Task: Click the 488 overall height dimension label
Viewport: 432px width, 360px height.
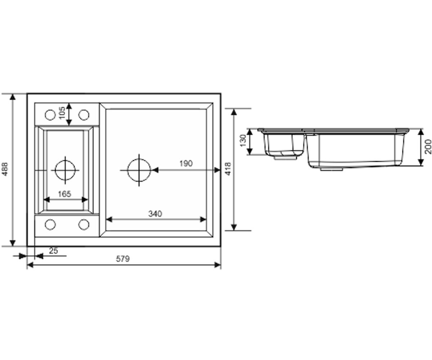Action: click(x=5, y=169)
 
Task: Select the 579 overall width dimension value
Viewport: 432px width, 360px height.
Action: click(x=123, y=258)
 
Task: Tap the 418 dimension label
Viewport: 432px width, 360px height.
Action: click(x=228, y=169)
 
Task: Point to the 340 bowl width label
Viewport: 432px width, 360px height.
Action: click(x=155, y=214)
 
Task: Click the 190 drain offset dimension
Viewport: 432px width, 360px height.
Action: click(x=186, y=163)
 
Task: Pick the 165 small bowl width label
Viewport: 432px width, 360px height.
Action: click(x=64, y=194)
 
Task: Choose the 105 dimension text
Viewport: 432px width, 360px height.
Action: click(x=62, y=113)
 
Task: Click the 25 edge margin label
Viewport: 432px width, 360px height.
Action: click(x=54, y=251)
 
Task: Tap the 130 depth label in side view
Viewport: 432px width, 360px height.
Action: click(x=243, y=141)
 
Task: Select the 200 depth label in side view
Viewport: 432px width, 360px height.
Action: click(x=428, y=147)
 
